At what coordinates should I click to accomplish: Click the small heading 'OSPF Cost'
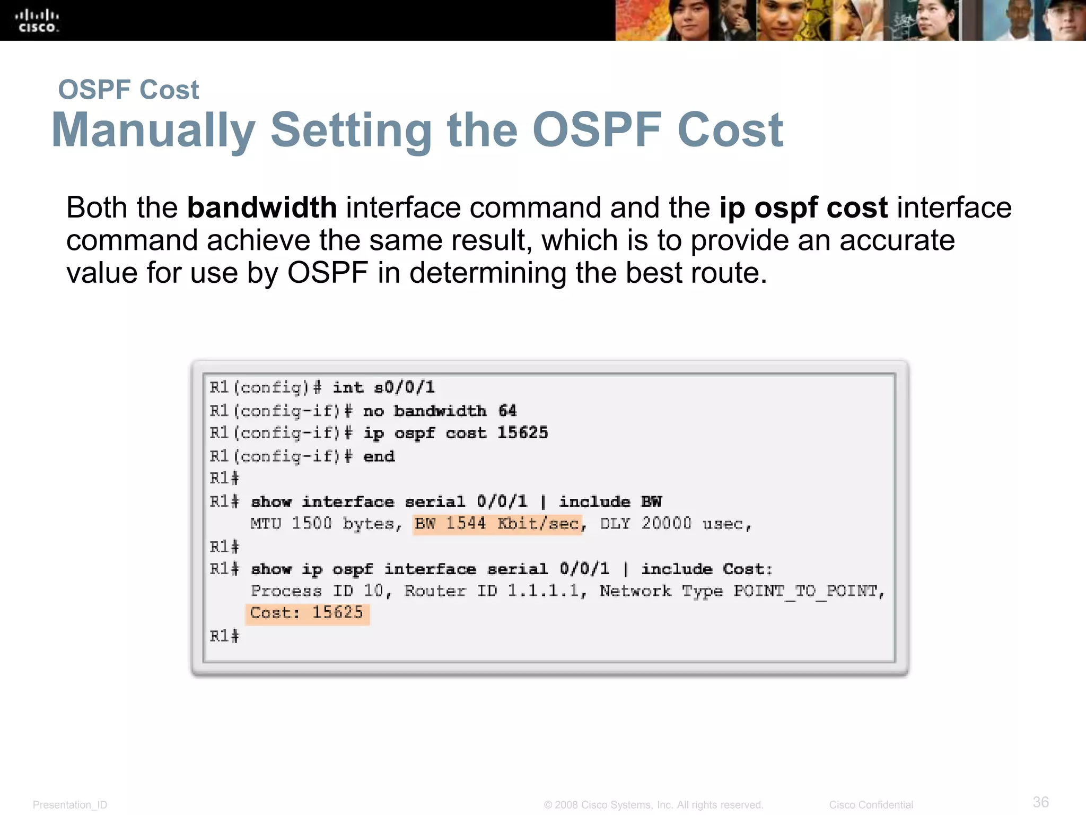point(128,90)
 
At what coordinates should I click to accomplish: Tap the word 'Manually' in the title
point(153,130)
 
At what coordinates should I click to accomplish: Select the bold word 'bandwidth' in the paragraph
point(262,207)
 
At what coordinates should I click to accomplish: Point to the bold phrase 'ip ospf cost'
point(803,207)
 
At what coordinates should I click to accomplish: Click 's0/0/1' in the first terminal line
point(404,387)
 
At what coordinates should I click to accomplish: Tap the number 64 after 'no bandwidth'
point(507,411)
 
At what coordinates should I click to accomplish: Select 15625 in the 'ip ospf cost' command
point(522,433)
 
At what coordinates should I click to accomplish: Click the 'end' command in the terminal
point(379,456)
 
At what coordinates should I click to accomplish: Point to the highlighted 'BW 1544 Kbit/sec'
point(497,524)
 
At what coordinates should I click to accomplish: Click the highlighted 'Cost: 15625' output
point(307,613)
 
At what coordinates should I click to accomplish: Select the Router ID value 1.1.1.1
point(544,591)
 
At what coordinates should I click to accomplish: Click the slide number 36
point(1040,802)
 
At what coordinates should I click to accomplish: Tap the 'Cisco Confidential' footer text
point(871,805)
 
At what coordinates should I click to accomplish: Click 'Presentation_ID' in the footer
point(70,805)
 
